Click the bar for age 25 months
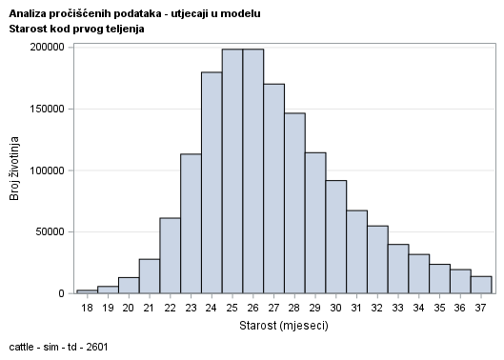(232, 171)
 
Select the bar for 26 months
(253, 171)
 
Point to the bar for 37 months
(481, 285)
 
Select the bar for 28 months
(294, 204)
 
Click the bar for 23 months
(191, 224)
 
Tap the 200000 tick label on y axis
(46, 48)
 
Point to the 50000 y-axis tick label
(49, 231)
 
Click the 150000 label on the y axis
(46, 109)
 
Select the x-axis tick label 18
(88, 307)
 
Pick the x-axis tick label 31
(357, 307)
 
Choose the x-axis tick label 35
(440, 307)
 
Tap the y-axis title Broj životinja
(14, 170)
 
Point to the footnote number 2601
(95, 346)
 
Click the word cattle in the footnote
(20, 346)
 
